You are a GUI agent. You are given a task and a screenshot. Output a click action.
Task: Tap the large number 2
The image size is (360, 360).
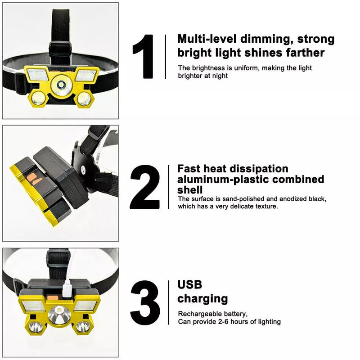click(144, 187)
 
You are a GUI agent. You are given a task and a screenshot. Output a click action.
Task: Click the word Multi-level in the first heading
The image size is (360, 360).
click(208, 39)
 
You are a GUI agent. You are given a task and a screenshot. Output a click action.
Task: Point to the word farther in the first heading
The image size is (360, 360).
click(305, 53)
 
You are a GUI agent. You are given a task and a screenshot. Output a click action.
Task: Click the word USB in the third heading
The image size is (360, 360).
click(189, 284)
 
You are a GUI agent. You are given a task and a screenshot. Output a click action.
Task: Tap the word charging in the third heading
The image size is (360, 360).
click(202, 299)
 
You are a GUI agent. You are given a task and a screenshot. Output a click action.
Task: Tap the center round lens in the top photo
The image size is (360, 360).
click(60, 84)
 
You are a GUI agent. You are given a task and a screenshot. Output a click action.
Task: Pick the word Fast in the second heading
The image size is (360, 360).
click(188, 169)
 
